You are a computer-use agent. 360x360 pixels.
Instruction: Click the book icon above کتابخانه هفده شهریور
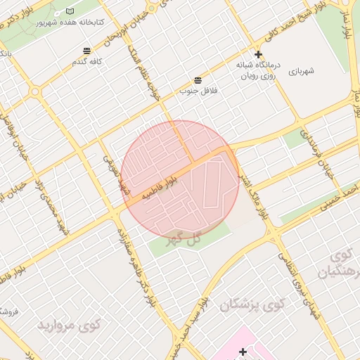pyautogui.click(x=69, y=11)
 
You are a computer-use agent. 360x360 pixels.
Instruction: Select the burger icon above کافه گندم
pyautogui.click(x=86, y=51)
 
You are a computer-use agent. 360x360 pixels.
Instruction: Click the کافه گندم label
pyautogui.click(x=86, y=62)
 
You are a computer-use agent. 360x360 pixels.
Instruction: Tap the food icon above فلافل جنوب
pyautogui.click(x=198, y=79)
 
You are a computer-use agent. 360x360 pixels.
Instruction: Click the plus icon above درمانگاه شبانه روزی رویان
pyautogui.click(x=258, y=54)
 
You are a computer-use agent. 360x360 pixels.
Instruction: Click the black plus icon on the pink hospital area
pyautogui.click(x=243, y=351)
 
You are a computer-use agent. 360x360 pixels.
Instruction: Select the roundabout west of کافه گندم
pyautogui.click(x=34, y=91)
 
